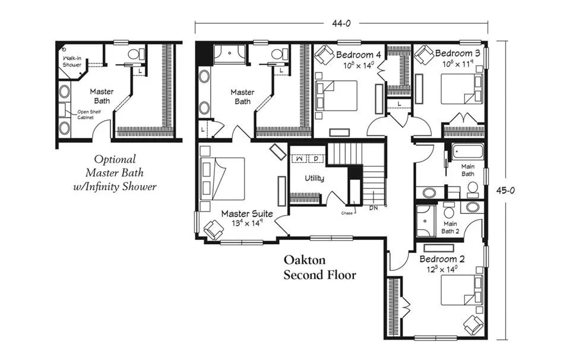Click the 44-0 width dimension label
pyautogui.click(x=341, y=23)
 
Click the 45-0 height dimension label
pyautogui.click(x=505, y=190)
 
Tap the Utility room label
pyautogui.click(x=314, y=178)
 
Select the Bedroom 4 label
pyautogui.click(x=359, y=55)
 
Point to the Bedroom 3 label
pyautogui.click(x=457, y=53)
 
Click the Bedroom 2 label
pyautogui.click(x=442, y=259)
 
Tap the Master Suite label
pyautogui.click(x=247, y=214)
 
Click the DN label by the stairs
pyautogui.click(x=373, y=209)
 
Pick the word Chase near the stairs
pyautogui.click(x=347, y=213)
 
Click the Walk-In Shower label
pyautogui.click(x=72, y=61)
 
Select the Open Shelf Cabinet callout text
pyautogui.click(x=88, y=115)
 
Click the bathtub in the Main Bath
pyautogui.click(x=467, y=151)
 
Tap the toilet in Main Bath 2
pyautogui.click(x=449, y=210)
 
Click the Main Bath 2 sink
pyautogui.click(x=472, y=207)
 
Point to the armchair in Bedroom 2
pyautogui.click(x=474, y=325)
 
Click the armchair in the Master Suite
pyautogui.click(x=214, y=230)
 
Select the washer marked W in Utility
pyautogui.click(x=299, y=159)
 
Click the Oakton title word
pyautogui.click(x=305, y=260)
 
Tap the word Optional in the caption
pyautogui.click(x=115, y=160)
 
